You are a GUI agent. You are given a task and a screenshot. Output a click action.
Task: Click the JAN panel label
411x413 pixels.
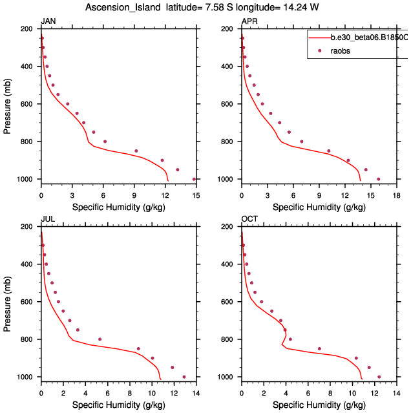pos(48,21)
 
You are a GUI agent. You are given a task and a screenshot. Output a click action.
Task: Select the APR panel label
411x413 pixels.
pos(249,21)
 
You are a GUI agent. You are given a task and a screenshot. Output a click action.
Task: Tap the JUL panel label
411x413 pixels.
pos(48,219)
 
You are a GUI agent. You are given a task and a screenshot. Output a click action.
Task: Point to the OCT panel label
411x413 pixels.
pos(249,219)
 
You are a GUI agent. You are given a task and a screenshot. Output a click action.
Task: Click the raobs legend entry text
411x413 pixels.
pos(341,51)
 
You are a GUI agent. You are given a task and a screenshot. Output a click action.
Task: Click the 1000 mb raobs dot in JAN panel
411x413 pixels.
pos(194,179)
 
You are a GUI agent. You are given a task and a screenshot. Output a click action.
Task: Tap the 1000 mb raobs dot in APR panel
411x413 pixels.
pos(379,179)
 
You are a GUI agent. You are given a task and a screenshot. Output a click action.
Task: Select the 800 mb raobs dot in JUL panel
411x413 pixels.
pos(100,339)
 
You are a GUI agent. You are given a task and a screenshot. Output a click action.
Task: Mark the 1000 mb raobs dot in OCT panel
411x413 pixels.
pos(379,377)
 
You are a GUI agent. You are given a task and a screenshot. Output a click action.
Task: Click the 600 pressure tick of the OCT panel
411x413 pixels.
pos(230,302)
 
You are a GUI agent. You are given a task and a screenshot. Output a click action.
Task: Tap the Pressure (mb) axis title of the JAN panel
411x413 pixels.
pos(8,103)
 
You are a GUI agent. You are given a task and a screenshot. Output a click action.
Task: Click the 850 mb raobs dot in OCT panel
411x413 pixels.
pos(319,349)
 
